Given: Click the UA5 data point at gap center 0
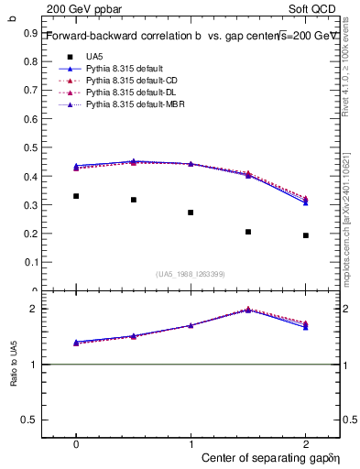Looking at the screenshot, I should pos(76,196).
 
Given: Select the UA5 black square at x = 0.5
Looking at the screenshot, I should pos(134,200).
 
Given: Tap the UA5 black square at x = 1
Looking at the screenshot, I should pos(191,213).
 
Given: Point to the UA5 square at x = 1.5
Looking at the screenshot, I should pos(248,232).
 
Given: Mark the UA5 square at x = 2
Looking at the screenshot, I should pos(305,235).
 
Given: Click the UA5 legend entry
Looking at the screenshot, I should pos(94,56).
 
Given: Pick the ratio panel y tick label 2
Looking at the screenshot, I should pos(35,310).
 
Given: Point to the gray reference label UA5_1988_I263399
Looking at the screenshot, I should pos(191,275).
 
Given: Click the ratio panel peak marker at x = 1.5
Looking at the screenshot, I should pos(248,310).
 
